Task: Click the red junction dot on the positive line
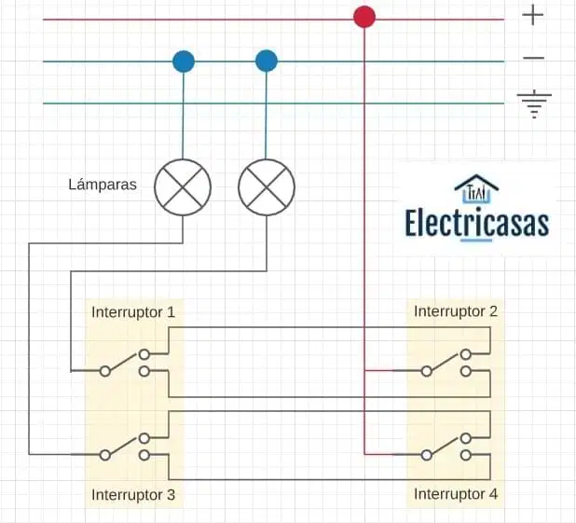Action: click(x=364, y=17)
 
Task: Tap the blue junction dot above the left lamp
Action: click(x=184, y=61)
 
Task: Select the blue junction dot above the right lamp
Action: click(x=267, y=61)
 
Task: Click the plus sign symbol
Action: click(x=532, y=16)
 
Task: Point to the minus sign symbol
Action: click(x=533, y=58)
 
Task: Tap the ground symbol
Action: click(x=534, y=104)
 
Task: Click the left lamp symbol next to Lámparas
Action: click(x=183, y=187)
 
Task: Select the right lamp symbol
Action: click(x=267, y=187)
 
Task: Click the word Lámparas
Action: click(x=103, y=185)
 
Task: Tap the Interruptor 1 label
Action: click(x=133, y=312)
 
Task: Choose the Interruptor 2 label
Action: click(x=456, y=311)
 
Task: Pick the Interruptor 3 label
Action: click(x=133, y=495)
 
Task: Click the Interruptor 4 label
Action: click(x=456, y=494)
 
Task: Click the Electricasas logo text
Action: click(x=477, y=223)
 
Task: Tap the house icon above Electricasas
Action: click(x=476, y=188)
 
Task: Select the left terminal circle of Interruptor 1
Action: click(x=105, y=371)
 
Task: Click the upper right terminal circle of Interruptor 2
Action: click(x=466, y=354)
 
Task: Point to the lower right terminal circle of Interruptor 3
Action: click(x=144, y=455)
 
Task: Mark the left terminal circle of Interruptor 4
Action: click(x=427, y=455)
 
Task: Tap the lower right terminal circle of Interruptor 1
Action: click(x=144, y=372)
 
